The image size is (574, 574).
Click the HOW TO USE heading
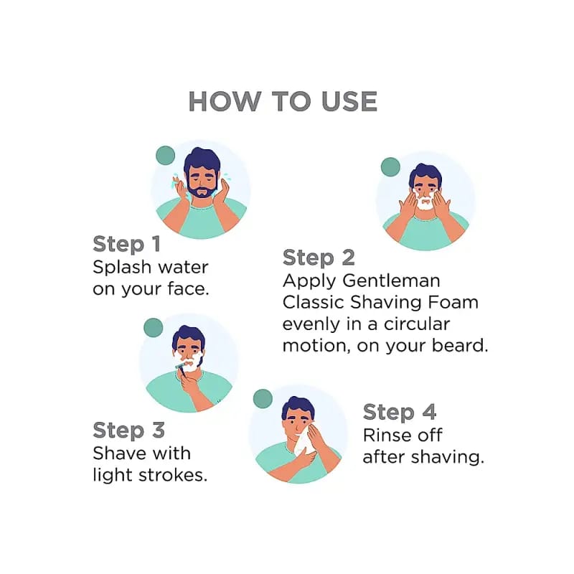point(283,101)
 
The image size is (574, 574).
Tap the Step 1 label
point(127,244)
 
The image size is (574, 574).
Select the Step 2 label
point(319,258)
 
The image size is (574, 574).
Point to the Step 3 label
point(128,430)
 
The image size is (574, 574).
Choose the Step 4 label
point(400,412)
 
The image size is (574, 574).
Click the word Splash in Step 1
point(122,268)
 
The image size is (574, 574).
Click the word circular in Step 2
point(417,324)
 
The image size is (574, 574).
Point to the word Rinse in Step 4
point(385,436)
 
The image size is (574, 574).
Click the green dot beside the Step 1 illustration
point(166,156)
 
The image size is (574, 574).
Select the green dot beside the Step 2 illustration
point(390,167)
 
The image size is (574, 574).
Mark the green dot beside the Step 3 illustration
point(154,328)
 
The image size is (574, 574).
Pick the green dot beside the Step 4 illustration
point(263,399)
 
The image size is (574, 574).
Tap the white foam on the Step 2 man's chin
point(425,203)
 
